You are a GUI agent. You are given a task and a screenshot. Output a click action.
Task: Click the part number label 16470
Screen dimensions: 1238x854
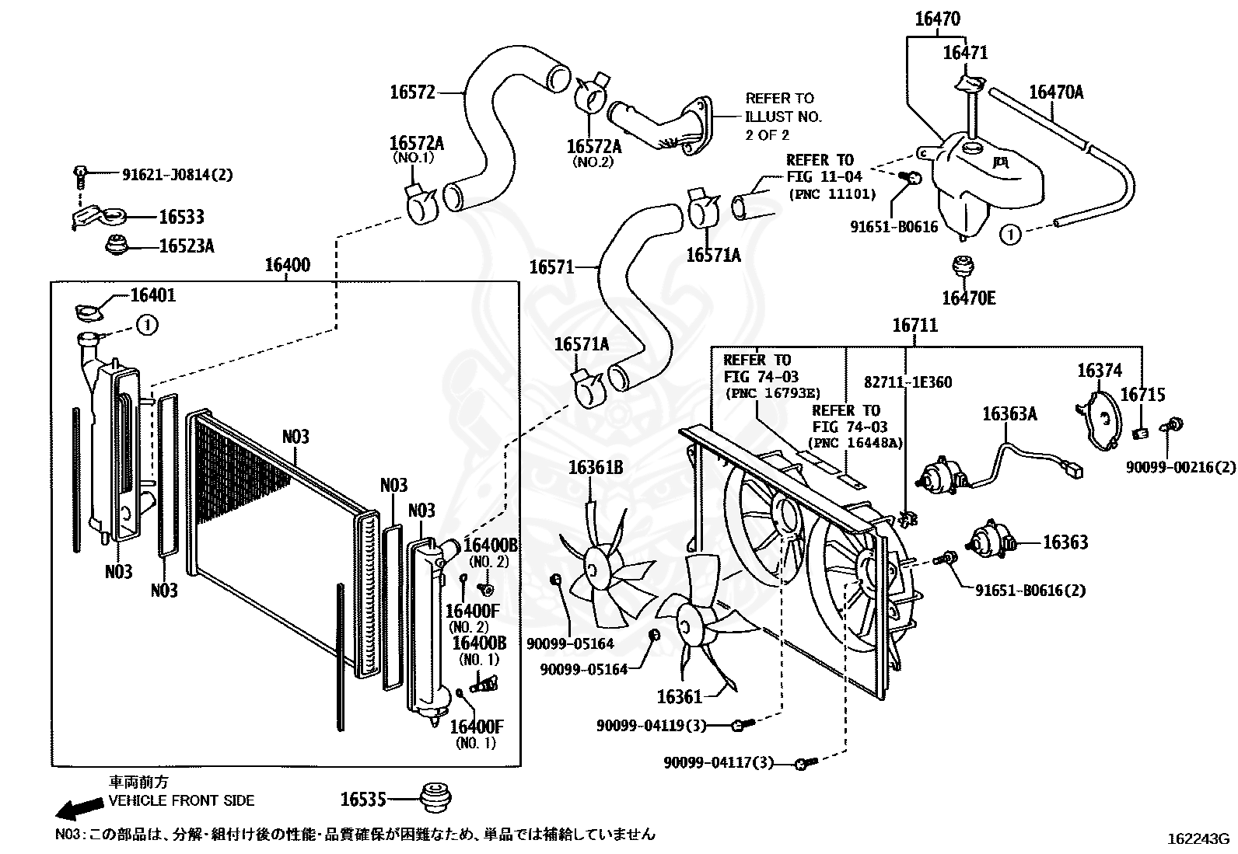click(938, 19)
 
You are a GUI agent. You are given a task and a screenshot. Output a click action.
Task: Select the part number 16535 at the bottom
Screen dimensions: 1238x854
click(363, 800)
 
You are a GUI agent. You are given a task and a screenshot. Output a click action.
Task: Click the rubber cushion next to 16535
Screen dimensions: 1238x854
click(436, 797)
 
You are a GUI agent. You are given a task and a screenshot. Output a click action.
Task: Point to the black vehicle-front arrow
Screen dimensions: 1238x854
click(79, 809)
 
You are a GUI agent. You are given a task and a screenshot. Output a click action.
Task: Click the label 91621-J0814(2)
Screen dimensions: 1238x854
click(177, 175)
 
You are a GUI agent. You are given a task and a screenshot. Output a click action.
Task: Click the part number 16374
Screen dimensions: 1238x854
click(1100, 370)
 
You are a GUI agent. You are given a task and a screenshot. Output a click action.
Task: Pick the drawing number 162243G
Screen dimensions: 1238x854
click(1198, 838)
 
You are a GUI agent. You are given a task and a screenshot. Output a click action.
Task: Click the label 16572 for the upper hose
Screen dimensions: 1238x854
click(412, 92)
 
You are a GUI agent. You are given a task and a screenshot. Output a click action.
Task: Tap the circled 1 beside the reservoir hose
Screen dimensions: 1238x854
click(1010, 235)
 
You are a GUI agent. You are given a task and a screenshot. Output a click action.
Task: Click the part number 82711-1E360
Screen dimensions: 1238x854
click(908, 382)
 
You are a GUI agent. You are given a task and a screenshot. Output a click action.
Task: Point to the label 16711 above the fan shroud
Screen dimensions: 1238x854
click(915, 325)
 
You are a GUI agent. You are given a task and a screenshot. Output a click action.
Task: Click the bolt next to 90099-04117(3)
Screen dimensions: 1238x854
click(806, 764)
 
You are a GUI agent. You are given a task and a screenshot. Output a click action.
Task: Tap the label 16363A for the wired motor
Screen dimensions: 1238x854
click(1009, 413)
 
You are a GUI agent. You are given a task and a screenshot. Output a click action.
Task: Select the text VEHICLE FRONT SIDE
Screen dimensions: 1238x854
click(181, 800)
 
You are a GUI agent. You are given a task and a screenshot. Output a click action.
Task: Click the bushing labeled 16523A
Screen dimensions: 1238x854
click(117, 245)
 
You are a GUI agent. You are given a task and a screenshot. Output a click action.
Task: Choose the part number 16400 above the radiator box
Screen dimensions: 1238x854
click(288, 265)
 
